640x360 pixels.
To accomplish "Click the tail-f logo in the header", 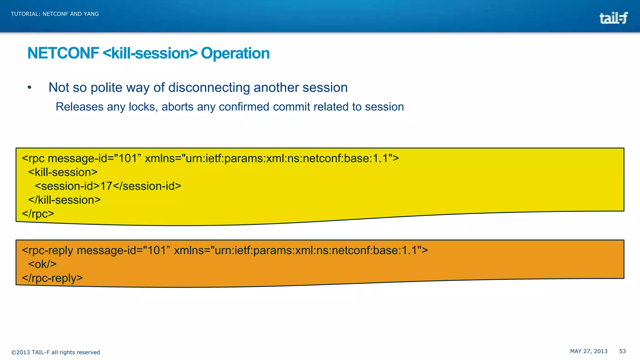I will click(613, 18).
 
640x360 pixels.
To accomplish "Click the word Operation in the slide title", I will click(235, 53).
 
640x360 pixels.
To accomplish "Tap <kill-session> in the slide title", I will click(150, 53).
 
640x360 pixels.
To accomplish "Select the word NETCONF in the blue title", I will click(63, 53).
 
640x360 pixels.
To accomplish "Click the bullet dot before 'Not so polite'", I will click(29, 88).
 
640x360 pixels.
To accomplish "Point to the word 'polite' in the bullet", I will click(106, 88).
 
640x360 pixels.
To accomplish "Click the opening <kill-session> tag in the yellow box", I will click(63, 172).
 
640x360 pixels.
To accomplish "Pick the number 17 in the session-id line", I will click(106, 186).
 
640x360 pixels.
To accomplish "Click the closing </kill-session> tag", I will click(64, 200).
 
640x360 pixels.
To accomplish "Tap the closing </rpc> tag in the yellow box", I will click(38, 214).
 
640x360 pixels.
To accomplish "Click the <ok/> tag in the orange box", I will click(42, 264).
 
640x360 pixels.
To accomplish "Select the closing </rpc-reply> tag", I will click(52, 278).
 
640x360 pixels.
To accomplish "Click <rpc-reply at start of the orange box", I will click(47, 251).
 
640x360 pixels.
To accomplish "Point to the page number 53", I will click(622, 351).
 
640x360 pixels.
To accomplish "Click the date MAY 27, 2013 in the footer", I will click(589, 351).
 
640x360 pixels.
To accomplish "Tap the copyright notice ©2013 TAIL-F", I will click(55, 352).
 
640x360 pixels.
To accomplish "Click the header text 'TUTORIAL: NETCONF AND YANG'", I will click(55, 14).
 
